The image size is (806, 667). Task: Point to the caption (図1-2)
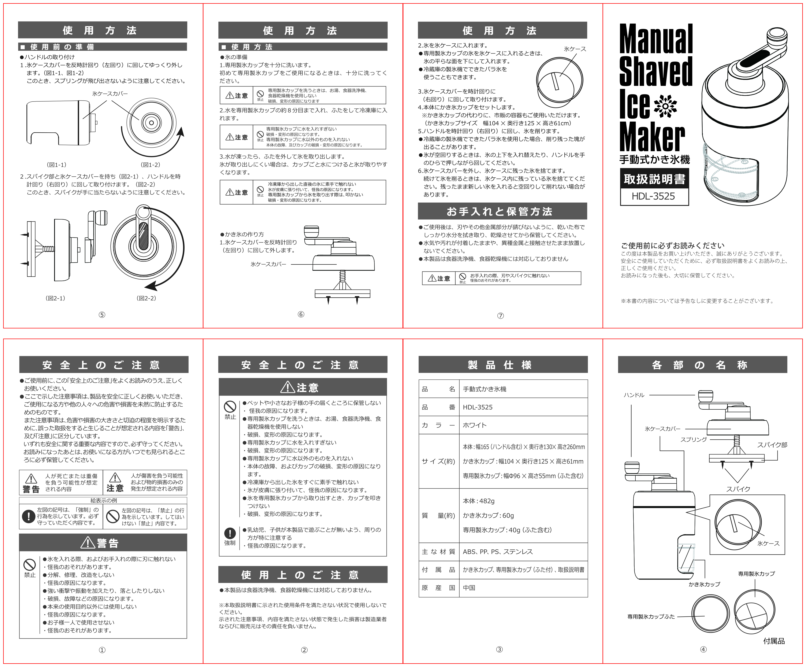[151, 165]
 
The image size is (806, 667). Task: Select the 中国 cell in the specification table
[469, 588]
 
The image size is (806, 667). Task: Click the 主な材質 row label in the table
[438, 552]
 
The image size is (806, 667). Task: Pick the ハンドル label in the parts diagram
[634, 395]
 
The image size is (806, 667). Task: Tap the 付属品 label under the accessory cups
[774, 641]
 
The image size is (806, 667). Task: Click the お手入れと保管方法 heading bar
[502, 211]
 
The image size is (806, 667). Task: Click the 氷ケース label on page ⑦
[575, 49]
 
